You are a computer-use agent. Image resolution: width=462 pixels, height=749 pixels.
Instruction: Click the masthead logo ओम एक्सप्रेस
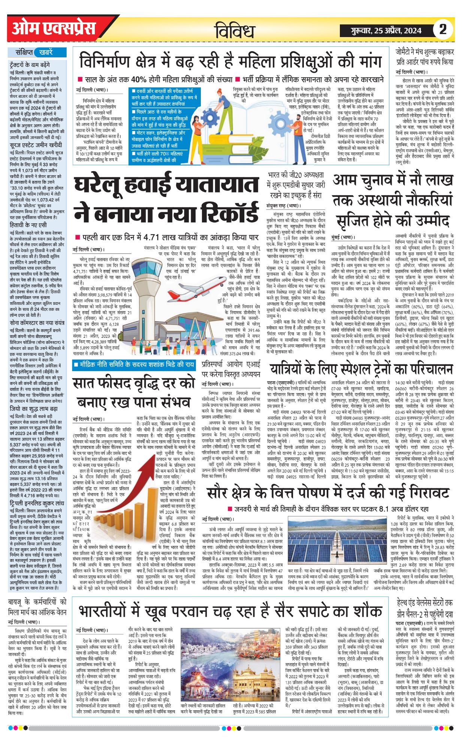coord(54,28)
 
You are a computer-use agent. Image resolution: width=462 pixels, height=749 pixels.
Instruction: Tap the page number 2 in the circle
coord(443,29)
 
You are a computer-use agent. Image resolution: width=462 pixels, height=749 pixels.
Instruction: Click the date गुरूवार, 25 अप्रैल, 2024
coord(386,30)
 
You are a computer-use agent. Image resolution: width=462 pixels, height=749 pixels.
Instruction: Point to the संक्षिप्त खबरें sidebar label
coord(37,52)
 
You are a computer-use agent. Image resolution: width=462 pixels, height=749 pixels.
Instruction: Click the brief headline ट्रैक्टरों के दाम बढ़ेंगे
coord(30,65)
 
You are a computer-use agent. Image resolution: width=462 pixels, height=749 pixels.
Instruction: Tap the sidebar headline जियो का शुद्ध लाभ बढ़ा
coord(34,409)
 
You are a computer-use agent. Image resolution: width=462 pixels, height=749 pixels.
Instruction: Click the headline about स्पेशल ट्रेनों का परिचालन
coord(361,369)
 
